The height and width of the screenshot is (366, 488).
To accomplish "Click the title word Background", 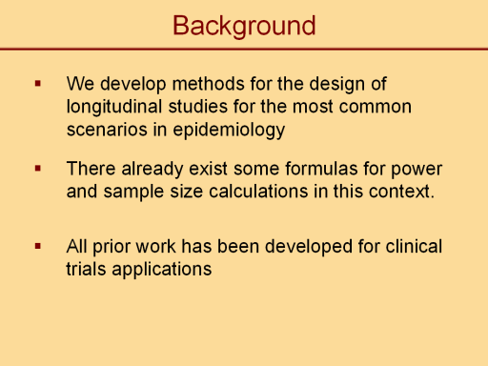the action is (x=244, y=26).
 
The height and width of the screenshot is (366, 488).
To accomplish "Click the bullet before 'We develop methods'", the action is (x=38, y=84).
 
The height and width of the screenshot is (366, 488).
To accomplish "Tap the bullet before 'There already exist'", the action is (x=38, y=169).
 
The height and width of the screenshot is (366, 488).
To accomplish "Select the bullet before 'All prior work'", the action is (x=38, y=246).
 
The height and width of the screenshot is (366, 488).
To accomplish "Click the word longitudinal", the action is (x=114, y=107).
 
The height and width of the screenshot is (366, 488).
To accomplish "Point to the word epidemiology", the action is (x=229, y=131).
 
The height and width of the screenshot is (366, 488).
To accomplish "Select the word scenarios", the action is (x=107, y=130).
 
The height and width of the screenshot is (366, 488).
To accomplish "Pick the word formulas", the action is (x=321, y=169).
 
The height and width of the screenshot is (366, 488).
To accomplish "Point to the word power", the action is (x=417, y=170).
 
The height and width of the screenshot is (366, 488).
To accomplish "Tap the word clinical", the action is (x=414, y=246).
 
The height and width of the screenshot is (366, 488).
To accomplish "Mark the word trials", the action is (x=86, y=269).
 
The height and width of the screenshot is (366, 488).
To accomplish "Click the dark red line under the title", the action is (x=244, y=50).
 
